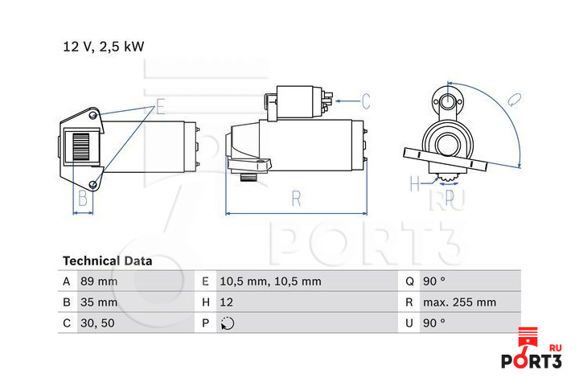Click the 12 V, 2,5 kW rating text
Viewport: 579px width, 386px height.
pos(104,47)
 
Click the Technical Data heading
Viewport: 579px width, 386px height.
pos(108,261)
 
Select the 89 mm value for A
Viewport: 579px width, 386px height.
pos(99,281)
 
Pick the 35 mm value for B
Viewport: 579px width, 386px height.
pos(99,302)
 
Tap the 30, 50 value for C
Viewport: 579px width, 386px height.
pos(97,323)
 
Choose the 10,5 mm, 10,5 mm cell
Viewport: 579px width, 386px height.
pos(270,281)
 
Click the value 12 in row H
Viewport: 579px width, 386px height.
pos(226,302)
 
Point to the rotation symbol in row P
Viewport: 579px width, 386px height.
pos(228,323)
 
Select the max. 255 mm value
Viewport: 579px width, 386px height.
pos(459,302)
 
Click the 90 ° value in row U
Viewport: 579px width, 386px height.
pos(434,323)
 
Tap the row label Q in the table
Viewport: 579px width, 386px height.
pos(409,281)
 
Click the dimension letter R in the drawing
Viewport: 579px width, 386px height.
pos(296,199)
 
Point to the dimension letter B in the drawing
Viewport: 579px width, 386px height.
pos(83,199)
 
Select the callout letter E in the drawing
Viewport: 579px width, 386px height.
pos(160,107)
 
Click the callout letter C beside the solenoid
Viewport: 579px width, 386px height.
pos(366,101)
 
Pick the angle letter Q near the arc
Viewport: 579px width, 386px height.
pos(514,100)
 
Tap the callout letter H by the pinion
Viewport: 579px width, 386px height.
pos(415,183)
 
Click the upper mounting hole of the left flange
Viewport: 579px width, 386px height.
pos(93,116)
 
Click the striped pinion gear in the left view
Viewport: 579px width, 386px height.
pos(81,146)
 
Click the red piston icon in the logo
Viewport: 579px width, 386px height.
pos(528,340)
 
